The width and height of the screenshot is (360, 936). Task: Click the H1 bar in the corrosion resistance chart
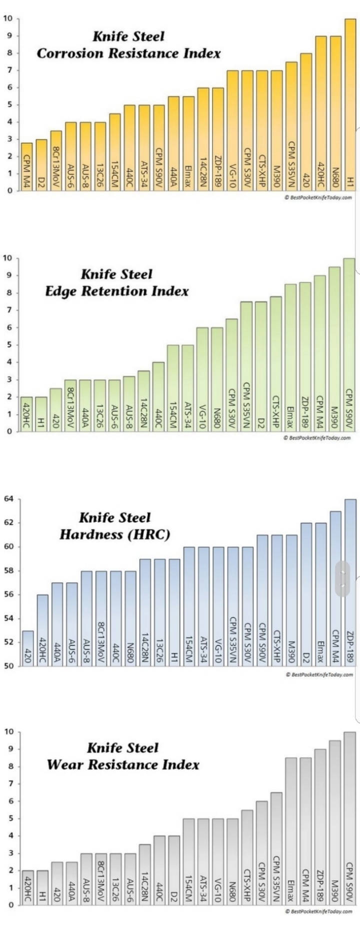click(350, 105)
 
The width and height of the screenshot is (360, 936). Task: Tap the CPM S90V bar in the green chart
click(349, 345)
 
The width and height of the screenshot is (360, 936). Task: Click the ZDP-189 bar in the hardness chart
click(350, 582)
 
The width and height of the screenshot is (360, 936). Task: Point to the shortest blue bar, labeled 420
click(28, 648)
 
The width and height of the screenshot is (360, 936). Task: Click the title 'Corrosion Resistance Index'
click(128, 53)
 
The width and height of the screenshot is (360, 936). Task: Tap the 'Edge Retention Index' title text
click(117, 291)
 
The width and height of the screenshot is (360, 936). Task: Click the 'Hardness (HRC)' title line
click(115, 534)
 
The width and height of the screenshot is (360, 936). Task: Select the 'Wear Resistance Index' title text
click(123, 765)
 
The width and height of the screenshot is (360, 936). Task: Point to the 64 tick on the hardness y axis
click(8, 499)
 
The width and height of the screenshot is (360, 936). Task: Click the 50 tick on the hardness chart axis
click(8, 666)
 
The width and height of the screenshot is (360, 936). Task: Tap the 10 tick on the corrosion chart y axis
click(7, 19)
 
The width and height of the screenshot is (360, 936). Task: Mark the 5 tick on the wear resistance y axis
click(9, 819)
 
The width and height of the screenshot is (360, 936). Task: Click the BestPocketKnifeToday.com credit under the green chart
click(317, 438)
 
